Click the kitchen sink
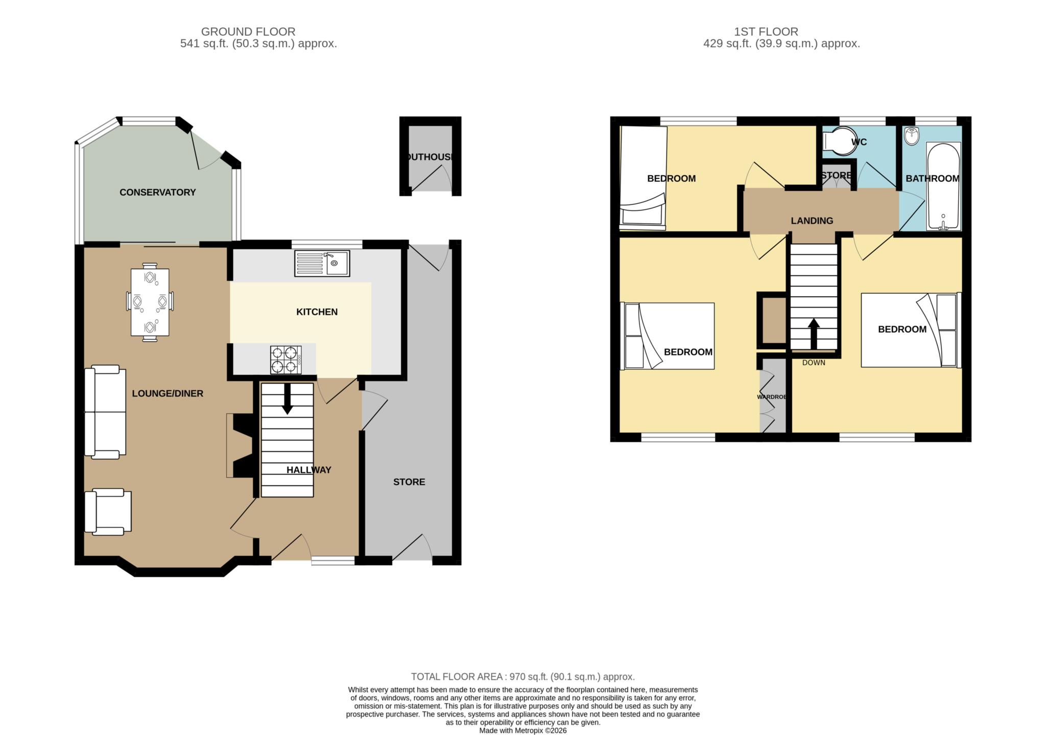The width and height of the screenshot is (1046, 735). (322, 263)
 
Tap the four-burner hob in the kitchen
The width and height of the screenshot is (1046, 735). (286, 360)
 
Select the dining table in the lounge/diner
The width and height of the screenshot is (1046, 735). (150, 302)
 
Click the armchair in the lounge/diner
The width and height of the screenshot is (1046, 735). (108, 511)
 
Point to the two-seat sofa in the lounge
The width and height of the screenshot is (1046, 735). (105, 412)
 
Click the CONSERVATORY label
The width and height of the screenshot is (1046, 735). (157, 193)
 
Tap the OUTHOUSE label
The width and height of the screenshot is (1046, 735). (430, 157)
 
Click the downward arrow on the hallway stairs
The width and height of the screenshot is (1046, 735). (288, 398)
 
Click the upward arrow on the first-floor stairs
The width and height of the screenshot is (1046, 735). (814, 335)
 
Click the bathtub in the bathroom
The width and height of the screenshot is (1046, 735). (943, 186)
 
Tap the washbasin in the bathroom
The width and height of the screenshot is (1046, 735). (911, 135)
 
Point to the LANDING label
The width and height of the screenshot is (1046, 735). (812, 221)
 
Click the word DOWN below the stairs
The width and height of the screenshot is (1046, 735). (814, 363)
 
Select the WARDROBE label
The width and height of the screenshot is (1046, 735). (772, 397)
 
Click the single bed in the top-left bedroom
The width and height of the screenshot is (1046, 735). (643, 178)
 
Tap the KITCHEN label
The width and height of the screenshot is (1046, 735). (317, 312)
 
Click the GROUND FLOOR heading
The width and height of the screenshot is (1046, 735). (248, 32)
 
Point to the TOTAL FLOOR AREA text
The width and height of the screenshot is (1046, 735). (523, 677)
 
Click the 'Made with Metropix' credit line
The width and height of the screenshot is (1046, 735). (523, 730)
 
